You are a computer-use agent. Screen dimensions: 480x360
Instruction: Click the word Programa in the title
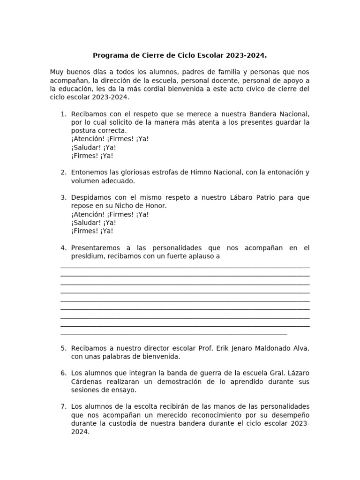(x=110, y=55)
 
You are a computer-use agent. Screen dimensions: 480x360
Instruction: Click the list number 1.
(x=63, y=114)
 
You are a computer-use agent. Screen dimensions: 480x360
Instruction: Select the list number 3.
(x=63, y=197)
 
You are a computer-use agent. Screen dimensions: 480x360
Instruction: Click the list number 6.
(x=63, y=373)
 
